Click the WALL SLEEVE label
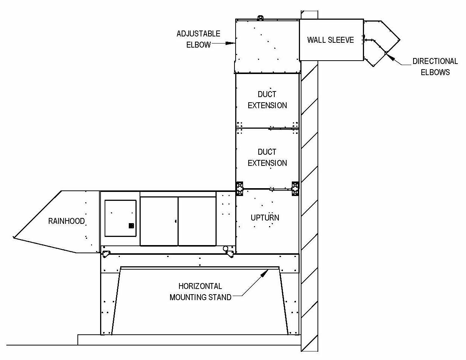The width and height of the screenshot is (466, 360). [x=331, y=40]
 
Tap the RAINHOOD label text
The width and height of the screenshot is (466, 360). [x=67, y=221]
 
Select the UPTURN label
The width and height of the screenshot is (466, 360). [x=265, y=218]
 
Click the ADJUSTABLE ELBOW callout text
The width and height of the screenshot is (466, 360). [x=198, y=39]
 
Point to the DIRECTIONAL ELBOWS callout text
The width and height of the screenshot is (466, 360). [x=435, y=67]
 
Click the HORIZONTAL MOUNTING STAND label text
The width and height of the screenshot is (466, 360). [x=200, y=292]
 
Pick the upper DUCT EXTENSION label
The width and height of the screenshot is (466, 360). [x=267, y=100]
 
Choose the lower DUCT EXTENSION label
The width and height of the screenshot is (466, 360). [x=267, y=158]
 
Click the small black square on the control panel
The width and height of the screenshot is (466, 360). [x=131, y=226]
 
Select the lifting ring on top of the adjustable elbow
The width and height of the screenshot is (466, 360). [x=260, y=17]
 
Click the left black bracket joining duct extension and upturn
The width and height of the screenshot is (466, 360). [x=239, y=189]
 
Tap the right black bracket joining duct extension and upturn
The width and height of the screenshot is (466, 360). [x=295, y=189]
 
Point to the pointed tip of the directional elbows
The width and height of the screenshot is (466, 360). [x=400, y=40]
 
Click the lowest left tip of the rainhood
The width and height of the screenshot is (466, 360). [x=13, y=237]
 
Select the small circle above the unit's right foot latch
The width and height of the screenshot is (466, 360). [x=226, y=248]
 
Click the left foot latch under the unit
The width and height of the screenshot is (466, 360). [x=106, y=254]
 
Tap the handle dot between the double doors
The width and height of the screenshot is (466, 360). [x=176, y=221]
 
